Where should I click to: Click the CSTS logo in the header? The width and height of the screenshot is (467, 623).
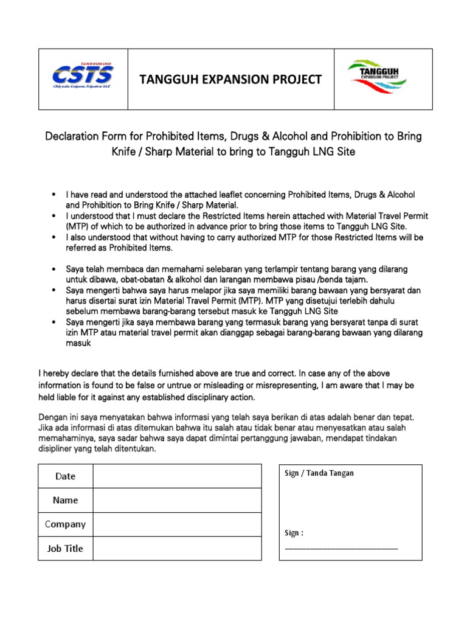point(83,77)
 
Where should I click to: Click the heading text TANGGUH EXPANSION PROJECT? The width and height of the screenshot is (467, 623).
point(230,79)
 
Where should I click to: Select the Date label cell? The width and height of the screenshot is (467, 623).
point(65,476)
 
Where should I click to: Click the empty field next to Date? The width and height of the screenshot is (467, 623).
point(177,476)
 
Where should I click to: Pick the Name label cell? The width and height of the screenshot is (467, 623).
point(65,500)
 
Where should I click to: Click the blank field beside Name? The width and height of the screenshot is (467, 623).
point(177,500)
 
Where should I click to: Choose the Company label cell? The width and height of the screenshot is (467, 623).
point(65,524)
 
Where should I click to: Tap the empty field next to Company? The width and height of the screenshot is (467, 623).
point(177,524)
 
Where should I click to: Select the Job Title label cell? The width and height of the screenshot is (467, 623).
point(65,548)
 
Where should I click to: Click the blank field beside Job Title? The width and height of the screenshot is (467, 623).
point(177,548)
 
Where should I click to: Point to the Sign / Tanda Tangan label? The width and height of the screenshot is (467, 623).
point(319,473)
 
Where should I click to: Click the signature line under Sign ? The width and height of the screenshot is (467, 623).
point(341,548)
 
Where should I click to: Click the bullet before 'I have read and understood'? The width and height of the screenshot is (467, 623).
point(55,195)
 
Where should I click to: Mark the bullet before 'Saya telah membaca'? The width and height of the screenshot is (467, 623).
point(55,269)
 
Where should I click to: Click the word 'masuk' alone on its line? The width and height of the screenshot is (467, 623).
point(78,344)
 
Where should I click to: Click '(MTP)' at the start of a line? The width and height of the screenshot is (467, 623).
point(77,226)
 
